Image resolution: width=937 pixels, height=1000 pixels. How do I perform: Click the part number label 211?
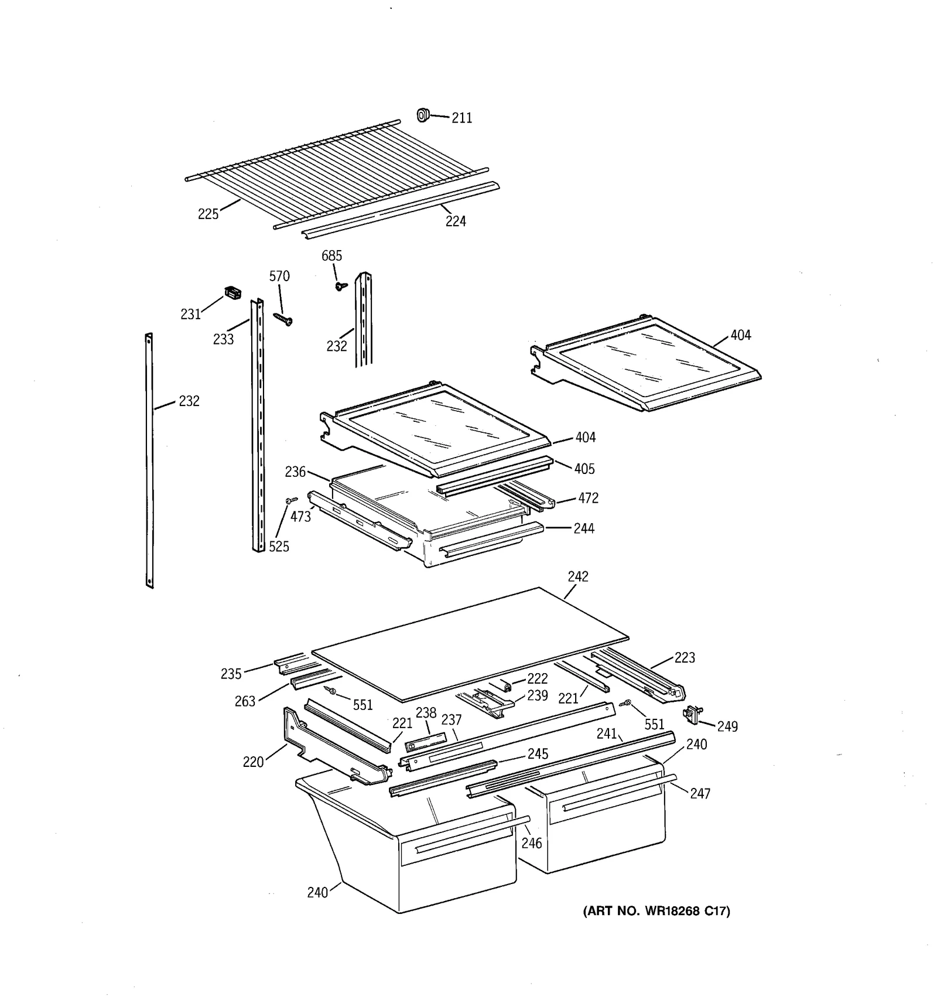click(x=461, y=118)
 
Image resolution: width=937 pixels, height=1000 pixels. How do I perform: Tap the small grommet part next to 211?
click(x=422, y=115)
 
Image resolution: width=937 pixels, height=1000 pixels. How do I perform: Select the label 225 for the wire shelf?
click(x=208, y=214)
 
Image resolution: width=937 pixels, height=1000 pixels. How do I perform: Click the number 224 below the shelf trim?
click(x=456, y=221)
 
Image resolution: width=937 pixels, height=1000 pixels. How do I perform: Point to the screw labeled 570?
click(x=283, y=319)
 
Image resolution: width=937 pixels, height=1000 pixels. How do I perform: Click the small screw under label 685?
click(x=340, y=286)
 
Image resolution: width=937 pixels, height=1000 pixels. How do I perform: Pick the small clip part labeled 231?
click(x=232, y=292)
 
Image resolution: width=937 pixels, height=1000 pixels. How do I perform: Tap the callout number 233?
click(x=223, y=339)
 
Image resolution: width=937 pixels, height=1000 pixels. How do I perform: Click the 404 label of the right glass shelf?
click(x=740, y=336)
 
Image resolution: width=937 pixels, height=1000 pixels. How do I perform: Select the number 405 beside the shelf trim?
click(x=584, y=469)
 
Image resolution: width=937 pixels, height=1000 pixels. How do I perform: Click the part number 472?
click(x=588, y=499)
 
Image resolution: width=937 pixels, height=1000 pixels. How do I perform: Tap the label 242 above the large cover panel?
click(x=577, y=577)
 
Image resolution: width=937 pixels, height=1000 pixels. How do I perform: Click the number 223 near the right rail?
click(x=684, y=658)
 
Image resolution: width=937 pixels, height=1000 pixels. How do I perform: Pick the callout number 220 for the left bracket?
click(x=253, y=762)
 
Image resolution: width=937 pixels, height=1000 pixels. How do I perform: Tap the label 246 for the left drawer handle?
click(x=531, y=843)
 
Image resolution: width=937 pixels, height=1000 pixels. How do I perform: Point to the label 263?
click(x=245, y=701)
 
